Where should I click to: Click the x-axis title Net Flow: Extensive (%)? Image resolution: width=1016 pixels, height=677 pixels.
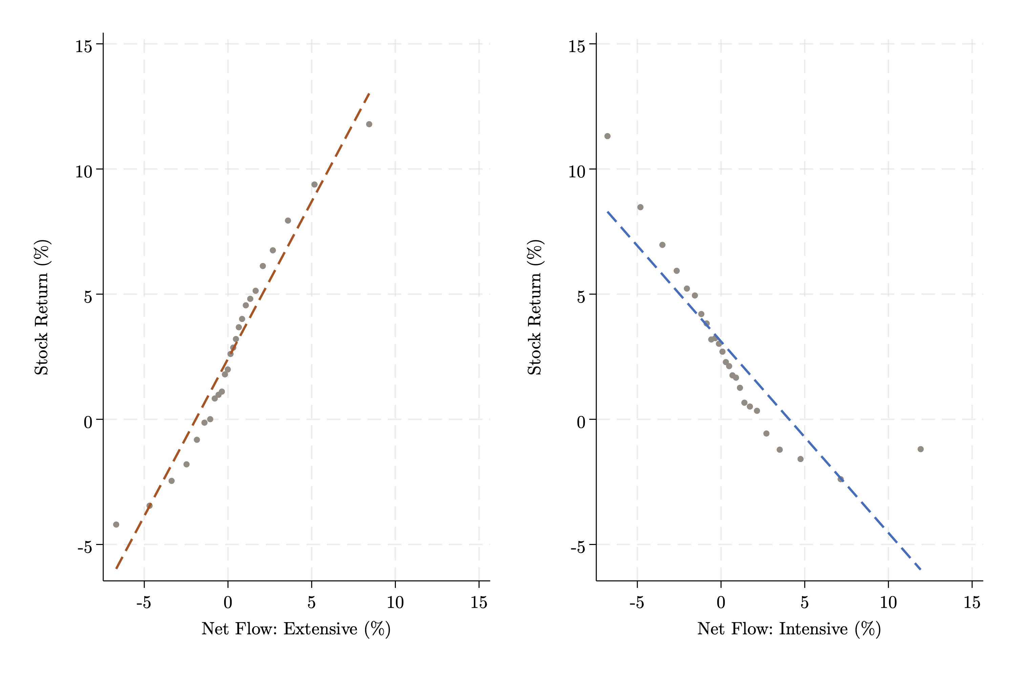(296, 629)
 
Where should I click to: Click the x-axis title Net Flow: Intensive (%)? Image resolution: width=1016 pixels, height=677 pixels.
(789, 629)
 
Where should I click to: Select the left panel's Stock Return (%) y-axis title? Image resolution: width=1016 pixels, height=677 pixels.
(42, 307)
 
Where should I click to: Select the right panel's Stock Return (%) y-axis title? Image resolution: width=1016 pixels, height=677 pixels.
(535, 307)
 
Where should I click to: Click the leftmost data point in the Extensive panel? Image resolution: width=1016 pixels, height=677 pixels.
(116, 525)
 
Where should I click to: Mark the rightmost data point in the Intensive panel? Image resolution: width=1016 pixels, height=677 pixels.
(920, 449)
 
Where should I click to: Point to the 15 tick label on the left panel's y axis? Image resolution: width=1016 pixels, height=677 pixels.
(84, 46)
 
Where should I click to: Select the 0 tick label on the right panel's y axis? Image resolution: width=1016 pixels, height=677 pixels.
(581, 422)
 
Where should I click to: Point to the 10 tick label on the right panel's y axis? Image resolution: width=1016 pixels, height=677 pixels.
(577, 171)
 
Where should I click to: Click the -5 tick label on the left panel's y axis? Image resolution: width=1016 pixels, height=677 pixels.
(85, 547)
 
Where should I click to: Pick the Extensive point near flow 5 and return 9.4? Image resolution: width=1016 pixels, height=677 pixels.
(315, 185)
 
